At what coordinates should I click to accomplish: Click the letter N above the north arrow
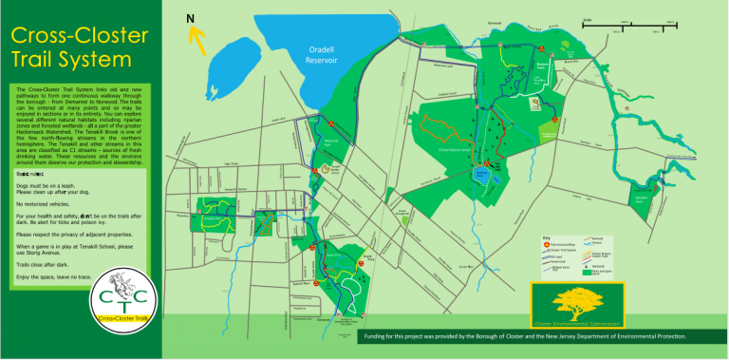191,18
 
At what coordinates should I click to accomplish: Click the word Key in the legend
547,238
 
